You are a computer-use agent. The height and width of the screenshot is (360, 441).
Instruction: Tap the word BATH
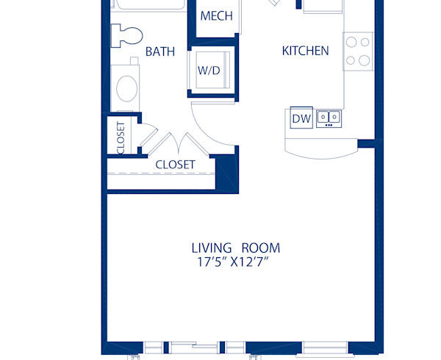pyautogui.click(x=159, y=51)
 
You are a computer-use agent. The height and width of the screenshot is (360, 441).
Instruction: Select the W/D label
pyautogui.click(x=209, y=71)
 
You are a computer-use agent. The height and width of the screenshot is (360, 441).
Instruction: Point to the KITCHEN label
pyautogui.click(x=305, y=51)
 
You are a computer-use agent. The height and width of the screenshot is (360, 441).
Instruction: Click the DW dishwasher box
pyautogui.click(x=301, y=118)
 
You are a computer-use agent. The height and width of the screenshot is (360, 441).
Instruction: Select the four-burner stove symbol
pyautogui.click(x=358, y=51)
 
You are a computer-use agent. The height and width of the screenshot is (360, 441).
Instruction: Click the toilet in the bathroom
pyautogui.click(x=126, y=35)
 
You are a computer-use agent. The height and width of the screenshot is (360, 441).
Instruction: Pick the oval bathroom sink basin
pyautogui.click(x=126, y=87)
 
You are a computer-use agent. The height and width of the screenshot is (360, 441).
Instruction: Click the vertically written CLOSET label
pyautogui.click(x=121, y=137)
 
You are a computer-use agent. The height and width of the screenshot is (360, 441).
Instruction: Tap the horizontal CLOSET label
pyautogui.click(x=175, y=165)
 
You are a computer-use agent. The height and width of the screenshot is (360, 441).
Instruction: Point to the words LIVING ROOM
pyautogui.click(x=235, y=248)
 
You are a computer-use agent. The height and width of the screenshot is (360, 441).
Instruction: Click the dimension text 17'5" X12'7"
pyautogui.click(x=235, y=262)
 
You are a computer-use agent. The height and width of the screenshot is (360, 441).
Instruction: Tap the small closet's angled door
pyautogui.click(x=147, y=137)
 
